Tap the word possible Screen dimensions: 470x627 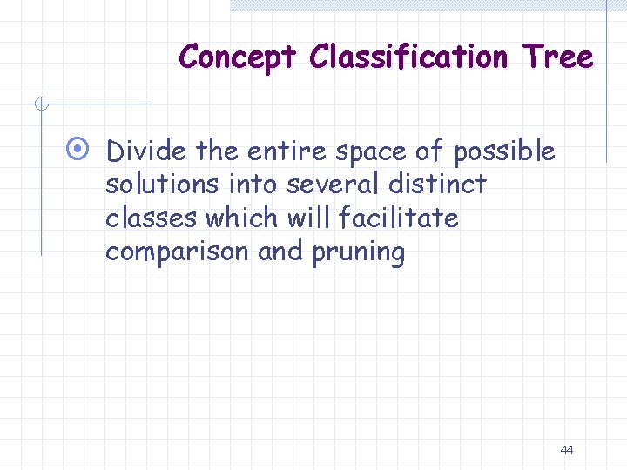pyautogui.click(x=503, y=152)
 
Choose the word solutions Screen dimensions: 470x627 pyautogui.click(x=163, y=185)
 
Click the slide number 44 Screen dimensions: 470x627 pyautogui.click(x=567, y=450)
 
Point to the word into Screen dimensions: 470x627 pyautogui.click(x=248, y=185)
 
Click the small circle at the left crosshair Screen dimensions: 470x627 pyautogui.click(x=40, y=105)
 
